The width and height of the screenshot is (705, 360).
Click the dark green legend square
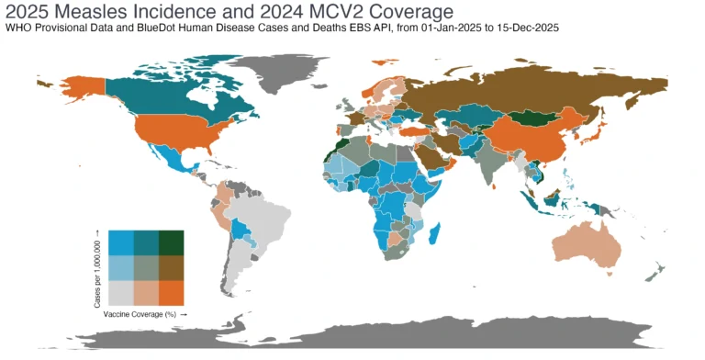click(x=171, y=242)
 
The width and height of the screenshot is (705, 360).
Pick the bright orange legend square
click(x=171, y=292)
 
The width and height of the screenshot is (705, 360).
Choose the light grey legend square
click(x=121, y=292)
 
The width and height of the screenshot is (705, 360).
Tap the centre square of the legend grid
click(x=146, y=267)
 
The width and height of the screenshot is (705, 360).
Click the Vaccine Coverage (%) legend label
click(x=145, y=313)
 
